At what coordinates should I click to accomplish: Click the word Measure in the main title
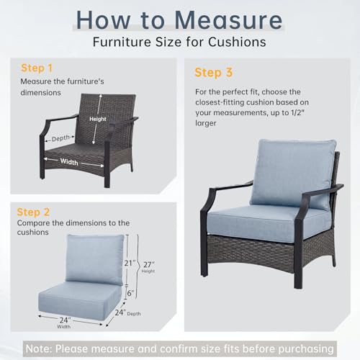point(229,20)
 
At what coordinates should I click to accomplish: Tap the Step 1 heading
point(37,68)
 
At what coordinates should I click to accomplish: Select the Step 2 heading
point(33,212)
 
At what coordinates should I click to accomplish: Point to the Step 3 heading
point(214,73)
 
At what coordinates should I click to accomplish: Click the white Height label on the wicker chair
point(98,119)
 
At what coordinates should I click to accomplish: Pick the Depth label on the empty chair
point(60,138)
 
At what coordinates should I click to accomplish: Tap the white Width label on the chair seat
point(69,162)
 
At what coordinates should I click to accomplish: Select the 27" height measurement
point(149,264)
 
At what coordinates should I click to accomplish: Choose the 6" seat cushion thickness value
point(130,293)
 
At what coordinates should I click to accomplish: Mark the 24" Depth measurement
point(127,312)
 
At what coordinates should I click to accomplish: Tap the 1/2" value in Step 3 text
point(297,112)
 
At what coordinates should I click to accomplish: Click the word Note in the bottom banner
point(38,348)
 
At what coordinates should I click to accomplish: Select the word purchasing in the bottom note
point(306,349)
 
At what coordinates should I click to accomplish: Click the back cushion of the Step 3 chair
point(292,174)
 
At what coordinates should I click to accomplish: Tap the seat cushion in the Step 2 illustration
point(80,300)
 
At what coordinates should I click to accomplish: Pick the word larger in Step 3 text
point(206,123)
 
